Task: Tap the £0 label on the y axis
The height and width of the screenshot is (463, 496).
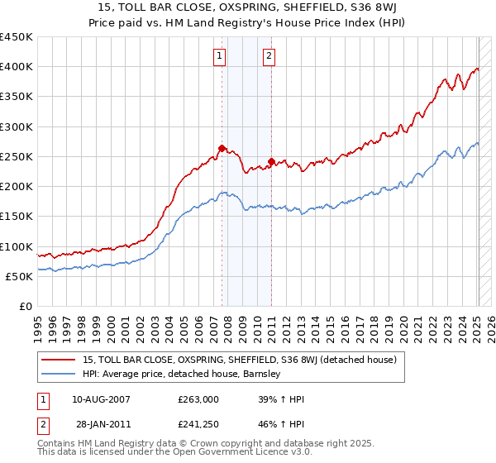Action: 26,307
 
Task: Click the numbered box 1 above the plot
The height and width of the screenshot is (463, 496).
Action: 220,56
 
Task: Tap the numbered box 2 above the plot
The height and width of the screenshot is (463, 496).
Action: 270,56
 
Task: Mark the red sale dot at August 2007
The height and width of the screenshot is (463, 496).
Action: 222,149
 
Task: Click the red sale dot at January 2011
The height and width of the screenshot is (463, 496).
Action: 272,162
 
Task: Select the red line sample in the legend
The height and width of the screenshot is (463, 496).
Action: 59,360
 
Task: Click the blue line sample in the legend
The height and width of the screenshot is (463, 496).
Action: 59,374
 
